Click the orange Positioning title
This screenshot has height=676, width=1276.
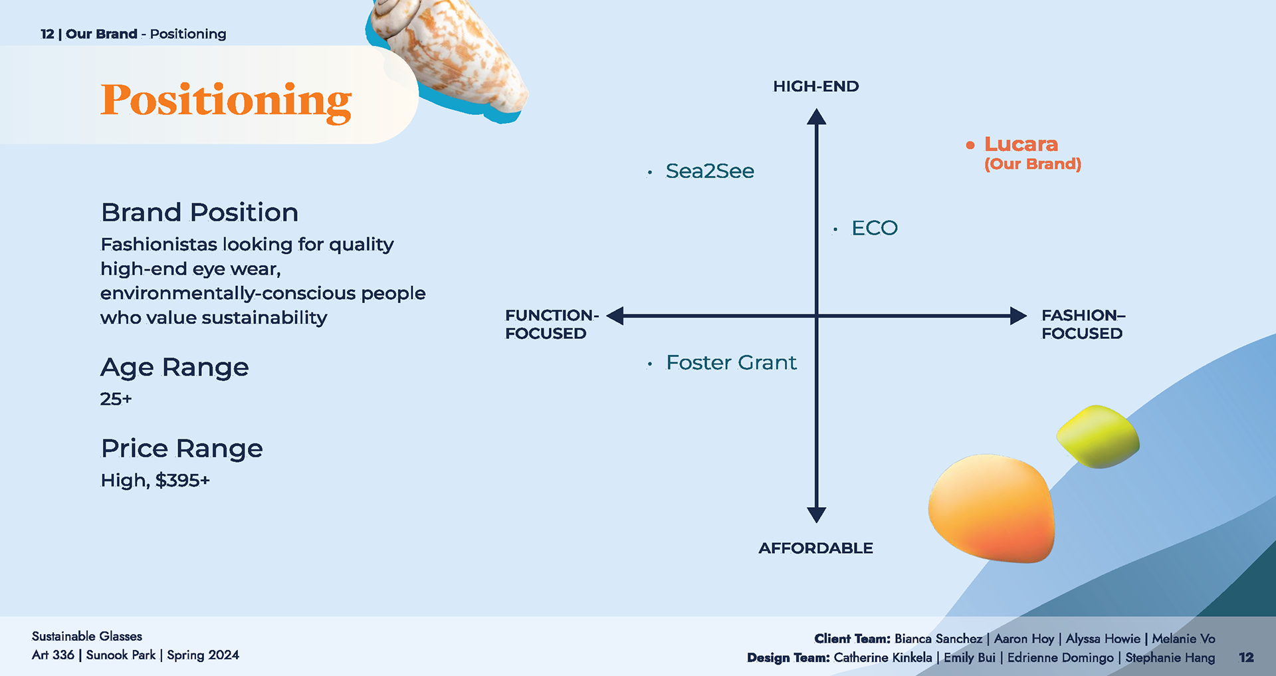[226, 101]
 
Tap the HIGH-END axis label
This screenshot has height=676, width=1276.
[815, 86]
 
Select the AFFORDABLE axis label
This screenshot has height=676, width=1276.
[815, 548]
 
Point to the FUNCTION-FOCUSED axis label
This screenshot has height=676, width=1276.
[552, 324]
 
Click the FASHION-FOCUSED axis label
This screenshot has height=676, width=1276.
[1083, 324]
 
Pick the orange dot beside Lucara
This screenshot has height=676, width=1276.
[970, 145]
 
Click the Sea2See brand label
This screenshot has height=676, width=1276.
[710, 171]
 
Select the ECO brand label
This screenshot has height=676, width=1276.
[875, 229]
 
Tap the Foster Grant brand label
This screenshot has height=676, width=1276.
[731, 363]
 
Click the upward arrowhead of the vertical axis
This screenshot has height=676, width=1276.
[816, 118]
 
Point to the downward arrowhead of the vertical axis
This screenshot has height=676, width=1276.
[816, 514]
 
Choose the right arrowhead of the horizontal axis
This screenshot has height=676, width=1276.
[1018, 316]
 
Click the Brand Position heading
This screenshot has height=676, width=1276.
[199, 213]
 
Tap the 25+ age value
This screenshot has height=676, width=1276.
[116, 399]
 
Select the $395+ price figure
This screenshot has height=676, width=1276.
[183, 481]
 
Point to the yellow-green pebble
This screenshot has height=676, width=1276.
[1098, 437]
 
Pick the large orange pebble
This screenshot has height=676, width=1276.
[992, 508]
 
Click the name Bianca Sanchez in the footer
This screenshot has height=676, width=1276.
[938, 639]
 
